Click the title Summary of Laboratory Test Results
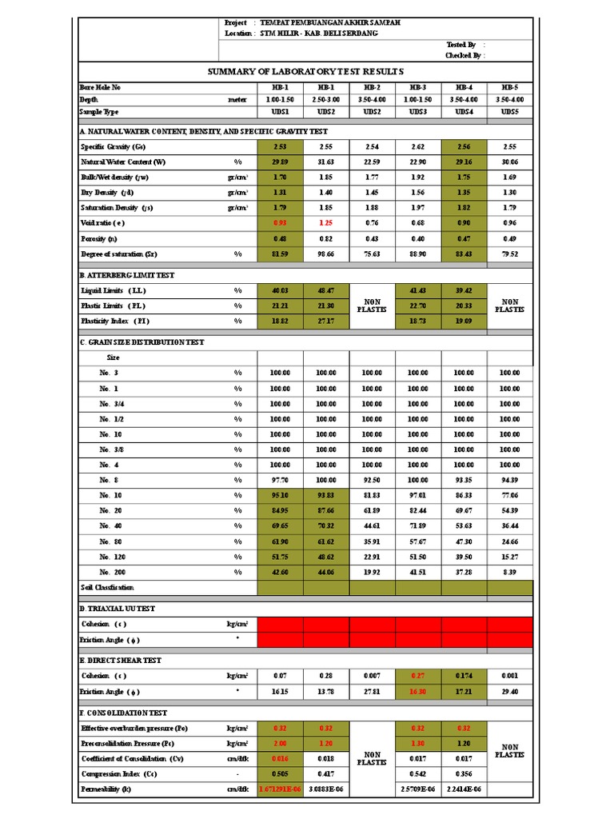coord(305,71)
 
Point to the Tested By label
coord(461,45)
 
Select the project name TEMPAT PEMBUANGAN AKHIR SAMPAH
coord(330,23)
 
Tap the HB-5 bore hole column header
coord(509,86)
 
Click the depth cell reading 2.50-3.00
coord(325,99)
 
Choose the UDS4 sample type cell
coord(464,112)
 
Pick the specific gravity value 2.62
coord(418,147)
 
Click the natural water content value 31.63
coord(325,162)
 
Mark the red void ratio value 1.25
coord(325,222)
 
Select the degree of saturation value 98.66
coord(325,254)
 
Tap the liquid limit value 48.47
coord(325,290)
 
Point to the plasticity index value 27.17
coord(325,321)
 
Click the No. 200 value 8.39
coord(509,572)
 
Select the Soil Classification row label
coord(107,587)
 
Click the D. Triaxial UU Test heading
coord(118,609)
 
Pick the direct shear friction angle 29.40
coord(509,691)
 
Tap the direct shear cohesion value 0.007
coord(372,676)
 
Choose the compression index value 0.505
coord(280,774)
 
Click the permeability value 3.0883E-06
coord(325,789)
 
